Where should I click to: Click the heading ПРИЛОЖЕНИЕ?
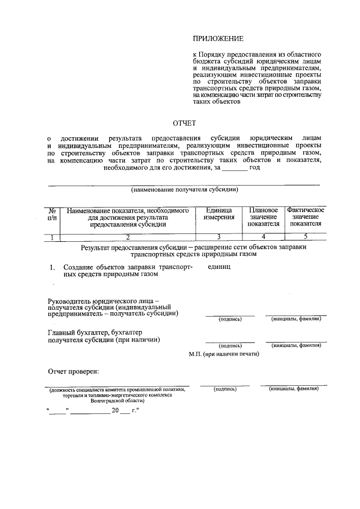pos(218,39)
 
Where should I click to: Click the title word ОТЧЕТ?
pos(184,123)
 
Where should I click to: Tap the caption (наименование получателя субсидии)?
pos(184,190)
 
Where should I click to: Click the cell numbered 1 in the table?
pos(52,237)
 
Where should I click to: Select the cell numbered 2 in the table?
pos(128,237)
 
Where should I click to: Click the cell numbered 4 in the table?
pos(263,237)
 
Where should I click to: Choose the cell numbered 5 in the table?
pos(305,237)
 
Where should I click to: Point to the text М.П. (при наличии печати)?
pos(223,354)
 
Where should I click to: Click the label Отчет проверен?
pos(73,372)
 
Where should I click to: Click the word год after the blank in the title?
pos(254,168)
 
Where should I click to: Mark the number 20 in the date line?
pos(115,411)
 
